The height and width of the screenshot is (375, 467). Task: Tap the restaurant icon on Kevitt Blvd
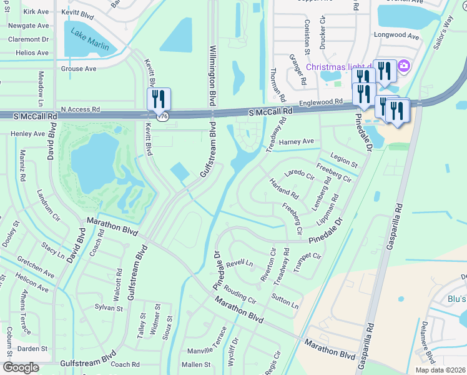159,99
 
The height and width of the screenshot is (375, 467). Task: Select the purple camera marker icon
403,66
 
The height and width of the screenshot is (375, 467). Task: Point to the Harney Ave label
296,142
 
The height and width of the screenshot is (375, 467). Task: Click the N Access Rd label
78,109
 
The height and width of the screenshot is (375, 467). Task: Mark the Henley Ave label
28,133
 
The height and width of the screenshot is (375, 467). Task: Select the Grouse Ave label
79,69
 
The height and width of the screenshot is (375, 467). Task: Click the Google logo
21,367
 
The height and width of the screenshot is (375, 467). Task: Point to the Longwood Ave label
396,36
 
